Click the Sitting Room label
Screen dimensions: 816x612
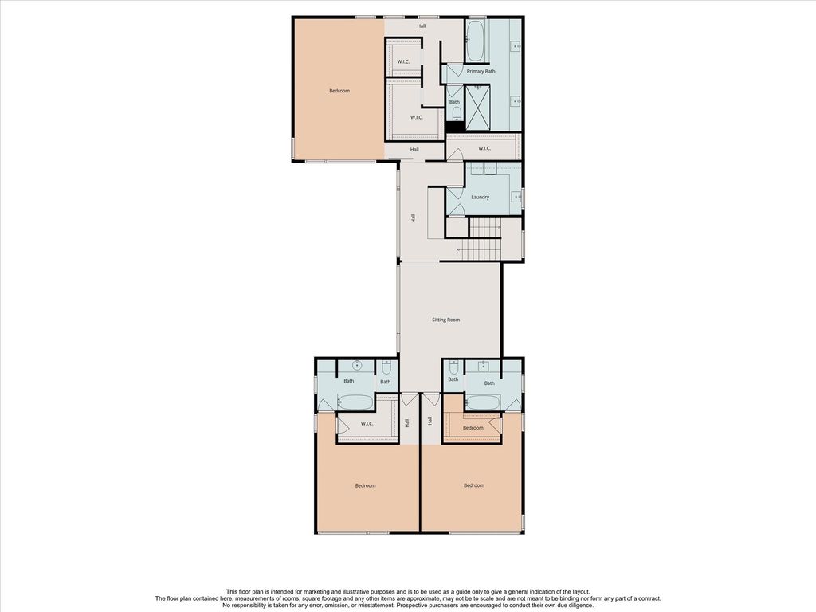(446, 320)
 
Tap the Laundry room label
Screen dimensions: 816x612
(480, 198)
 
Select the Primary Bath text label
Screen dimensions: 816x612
(481, 71)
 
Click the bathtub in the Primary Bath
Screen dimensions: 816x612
(475, 40)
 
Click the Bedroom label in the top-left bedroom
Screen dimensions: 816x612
(339, 91)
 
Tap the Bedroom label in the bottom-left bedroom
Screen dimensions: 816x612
(365, 485)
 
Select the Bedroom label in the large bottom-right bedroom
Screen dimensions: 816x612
(474, 485)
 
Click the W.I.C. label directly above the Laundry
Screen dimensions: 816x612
(484, 149)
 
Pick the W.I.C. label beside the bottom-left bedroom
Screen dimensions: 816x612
(367, 424)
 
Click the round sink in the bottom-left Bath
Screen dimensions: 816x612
(357, 365)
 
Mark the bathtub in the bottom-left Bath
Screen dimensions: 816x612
(355, 402)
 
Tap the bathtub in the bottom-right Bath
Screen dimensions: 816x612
(484, 402)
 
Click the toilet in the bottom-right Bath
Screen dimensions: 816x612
(453, 367)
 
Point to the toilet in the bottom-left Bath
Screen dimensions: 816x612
(386, 367)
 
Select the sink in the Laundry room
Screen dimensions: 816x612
(516, 197)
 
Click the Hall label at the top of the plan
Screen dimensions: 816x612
(422, 25)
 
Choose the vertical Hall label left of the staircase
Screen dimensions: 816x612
(414, 218)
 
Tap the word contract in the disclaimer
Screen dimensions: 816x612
(649, 598)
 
